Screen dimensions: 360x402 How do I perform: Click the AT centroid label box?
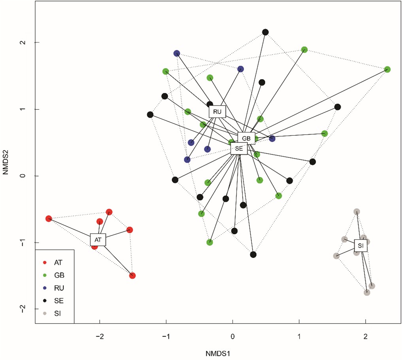[x=98, y=239]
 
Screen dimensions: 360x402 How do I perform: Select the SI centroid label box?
[x=360, y=246]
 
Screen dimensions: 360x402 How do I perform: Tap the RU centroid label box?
[x=217, y=112]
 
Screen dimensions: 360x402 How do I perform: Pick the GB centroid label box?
[x=246, y=138]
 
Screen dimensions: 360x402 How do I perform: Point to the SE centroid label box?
[x=239, y=148]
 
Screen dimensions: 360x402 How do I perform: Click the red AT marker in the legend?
[x=45, y=262]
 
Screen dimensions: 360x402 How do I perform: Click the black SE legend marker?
[x=45, y=301]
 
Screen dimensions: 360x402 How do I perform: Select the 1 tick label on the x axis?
[x=299, y=336]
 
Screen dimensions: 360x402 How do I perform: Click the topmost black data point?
[x=266, y=32]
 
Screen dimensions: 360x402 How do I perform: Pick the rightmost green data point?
[x=387, y=69]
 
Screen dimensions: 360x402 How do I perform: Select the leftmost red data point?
[x=49, y=218]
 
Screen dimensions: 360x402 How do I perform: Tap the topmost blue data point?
[x=177, y=53]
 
